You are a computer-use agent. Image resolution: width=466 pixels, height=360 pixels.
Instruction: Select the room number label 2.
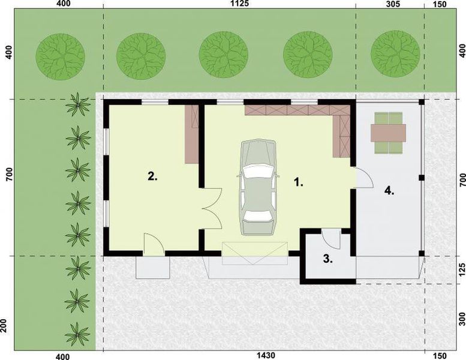tap(152, 176)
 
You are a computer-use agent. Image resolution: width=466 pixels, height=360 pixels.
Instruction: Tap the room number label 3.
tap(327, 259)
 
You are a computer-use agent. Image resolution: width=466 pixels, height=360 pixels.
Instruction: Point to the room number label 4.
tap(389, 191)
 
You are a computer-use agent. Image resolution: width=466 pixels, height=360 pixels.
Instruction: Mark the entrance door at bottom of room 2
tap(154, 245)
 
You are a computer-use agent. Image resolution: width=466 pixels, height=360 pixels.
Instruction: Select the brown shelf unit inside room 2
tap(192, 134)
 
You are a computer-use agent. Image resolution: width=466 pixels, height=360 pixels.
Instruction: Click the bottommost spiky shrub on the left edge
tap(77, 331)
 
